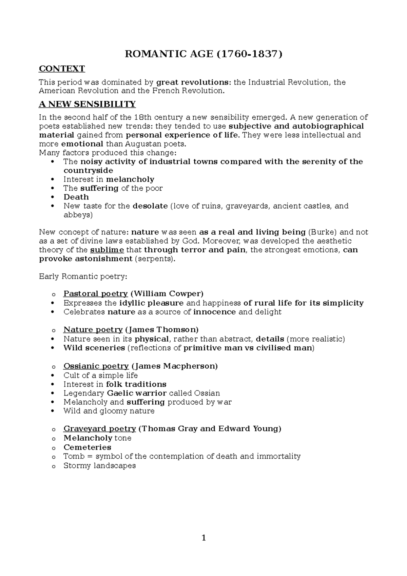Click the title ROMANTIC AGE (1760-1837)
tap(203, 54)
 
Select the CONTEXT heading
tap(62, 69)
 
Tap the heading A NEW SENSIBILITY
tap(87, 104)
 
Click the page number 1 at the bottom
tap(203, 538)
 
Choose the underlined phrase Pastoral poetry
tap(95, 294)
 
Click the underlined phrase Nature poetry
tap(93, 330)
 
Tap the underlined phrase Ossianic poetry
tap(96, 366)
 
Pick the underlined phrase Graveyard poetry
tap(100, 429)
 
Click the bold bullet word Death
tap(76, 197)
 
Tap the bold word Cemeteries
tap(87, 447)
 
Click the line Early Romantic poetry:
tap(83, 276)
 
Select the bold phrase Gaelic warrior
tap(136, 393)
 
